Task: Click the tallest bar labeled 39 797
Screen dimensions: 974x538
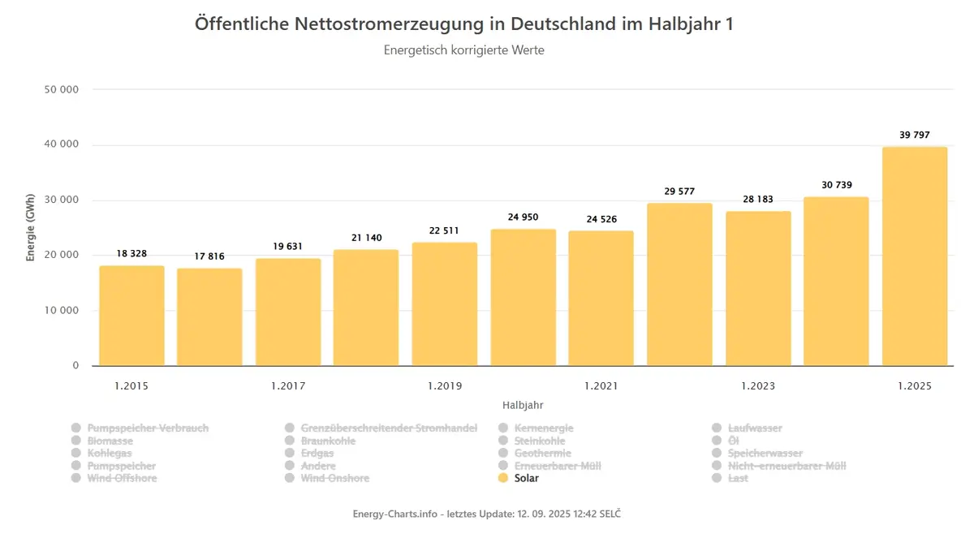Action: (x=915, y=256)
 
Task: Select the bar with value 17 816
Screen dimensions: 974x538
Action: (x=209, y=317)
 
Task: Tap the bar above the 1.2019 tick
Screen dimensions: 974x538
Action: (x=445, y=304)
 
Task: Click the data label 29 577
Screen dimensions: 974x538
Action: (x=679, y=192)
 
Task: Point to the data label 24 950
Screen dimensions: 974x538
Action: (x=523, y=217)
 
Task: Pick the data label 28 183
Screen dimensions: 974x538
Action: (x=758, y=199)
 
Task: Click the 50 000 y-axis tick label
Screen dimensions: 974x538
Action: (x=62, y=89)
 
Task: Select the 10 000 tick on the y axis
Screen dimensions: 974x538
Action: (x=62, y=310)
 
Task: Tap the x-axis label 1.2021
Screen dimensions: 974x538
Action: (x=601, y=386)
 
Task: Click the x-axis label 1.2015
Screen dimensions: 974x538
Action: (x=131, y=386)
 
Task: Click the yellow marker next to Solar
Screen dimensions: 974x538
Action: (x=503, y=478)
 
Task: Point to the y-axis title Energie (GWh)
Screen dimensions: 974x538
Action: (x=30, y=228)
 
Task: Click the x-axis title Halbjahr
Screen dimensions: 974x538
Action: (x=523, y=405)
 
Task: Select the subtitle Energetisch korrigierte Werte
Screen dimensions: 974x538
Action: (x=464, y=50)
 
